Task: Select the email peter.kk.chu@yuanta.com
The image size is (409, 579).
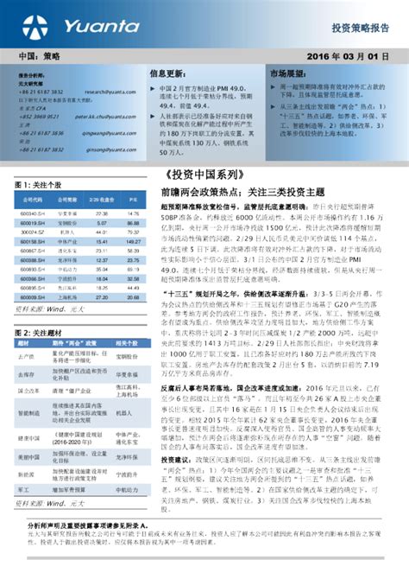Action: point(109,116)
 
